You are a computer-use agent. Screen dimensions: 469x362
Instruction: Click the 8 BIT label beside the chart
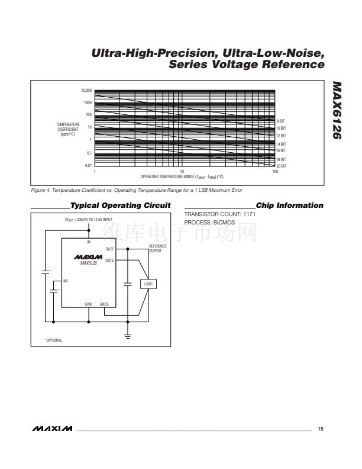tap(281, 121)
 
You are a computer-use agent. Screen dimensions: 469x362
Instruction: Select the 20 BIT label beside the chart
tap(282, 166)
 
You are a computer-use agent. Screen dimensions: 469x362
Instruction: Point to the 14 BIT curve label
tap(282, 144)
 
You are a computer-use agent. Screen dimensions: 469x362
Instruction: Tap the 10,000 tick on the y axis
tap(86, 91)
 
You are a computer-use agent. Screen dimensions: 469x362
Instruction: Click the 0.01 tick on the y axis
tap(88, 166)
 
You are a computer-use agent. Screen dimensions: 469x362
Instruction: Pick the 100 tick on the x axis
tap(275, 171)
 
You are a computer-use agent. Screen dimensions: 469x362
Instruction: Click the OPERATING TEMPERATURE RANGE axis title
tap(182, 177)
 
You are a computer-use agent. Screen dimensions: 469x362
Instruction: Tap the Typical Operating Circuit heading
tap(120, 205)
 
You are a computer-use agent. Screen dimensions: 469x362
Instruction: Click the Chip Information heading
tap(290, 205)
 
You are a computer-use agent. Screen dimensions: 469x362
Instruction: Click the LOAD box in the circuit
tap(148, 284)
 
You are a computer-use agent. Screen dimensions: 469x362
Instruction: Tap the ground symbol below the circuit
tap(127, 336)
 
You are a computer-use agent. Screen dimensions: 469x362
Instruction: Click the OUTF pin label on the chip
tap(110, 249)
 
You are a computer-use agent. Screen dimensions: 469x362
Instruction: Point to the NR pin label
tap(66, 280)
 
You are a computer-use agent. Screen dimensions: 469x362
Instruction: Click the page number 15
tap(321, 428)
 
